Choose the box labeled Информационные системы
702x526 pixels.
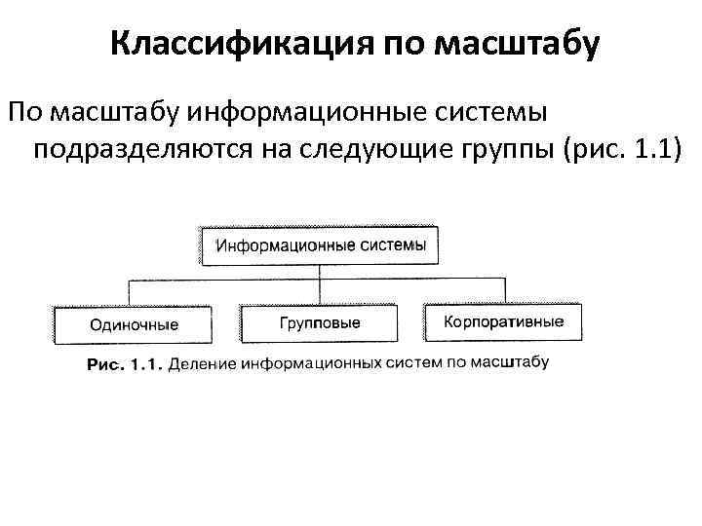320,244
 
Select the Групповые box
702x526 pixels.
321,322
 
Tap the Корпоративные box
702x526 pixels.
503,321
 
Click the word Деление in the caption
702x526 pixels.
200,365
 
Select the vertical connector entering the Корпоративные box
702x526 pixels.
504,290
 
